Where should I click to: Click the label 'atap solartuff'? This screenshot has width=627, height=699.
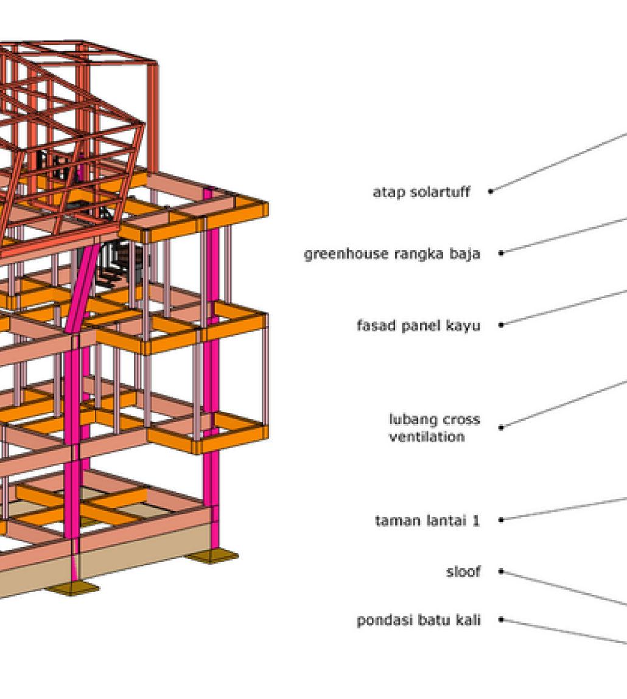tap(421, 192)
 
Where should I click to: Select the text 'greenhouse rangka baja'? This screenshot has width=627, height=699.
tap(391, 254)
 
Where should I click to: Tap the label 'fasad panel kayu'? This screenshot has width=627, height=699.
tap(418, 325)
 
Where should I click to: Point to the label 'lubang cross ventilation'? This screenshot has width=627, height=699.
tap(433, 428)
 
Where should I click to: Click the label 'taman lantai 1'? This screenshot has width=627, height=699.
tap(427, 521)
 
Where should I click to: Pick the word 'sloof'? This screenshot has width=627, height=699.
tap(463, 572)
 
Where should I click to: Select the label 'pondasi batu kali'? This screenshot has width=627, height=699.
tap(418, 621)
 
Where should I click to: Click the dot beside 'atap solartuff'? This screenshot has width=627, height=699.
tap(491, 192)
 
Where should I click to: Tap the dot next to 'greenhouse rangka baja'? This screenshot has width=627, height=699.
tap(501, 253)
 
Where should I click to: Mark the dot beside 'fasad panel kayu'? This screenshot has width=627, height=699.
tap(501, 325)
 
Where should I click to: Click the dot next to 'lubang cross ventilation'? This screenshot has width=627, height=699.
tap(501, 427)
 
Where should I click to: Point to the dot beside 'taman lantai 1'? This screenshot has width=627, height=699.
tap(501, 520)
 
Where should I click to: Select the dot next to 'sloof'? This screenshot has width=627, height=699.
tap(501, 571)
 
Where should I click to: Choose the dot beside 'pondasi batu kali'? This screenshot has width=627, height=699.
tap(501, 620)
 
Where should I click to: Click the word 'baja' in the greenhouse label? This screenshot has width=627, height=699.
tap(466, 254)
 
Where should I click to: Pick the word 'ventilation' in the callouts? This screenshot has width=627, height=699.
tap(426, 437)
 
